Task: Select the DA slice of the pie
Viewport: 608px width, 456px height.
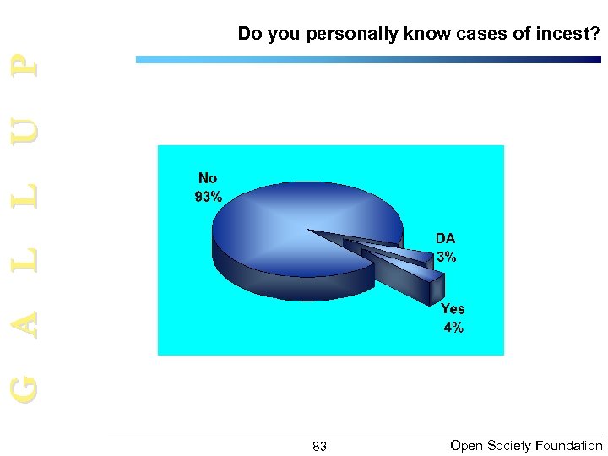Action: pos(397,252)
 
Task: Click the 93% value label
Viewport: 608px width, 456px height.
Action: pos(208,198)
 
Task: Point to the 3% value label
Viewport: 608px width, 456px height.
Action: pos(447,258)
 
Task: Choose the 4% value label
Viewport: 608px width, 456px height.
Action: pos(453,328)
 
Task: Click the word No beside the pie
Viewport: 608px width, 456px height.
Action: pos(208,178)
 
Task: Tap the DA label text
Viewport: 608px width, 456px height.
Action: pos(445,239)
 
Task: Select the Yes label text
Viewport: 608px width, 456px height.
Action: pos(453,309)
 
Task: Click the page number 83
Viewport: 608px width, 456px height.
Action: pos(319,446)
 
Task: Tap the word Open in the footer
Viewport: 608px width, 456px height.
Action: pos(464,445)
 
